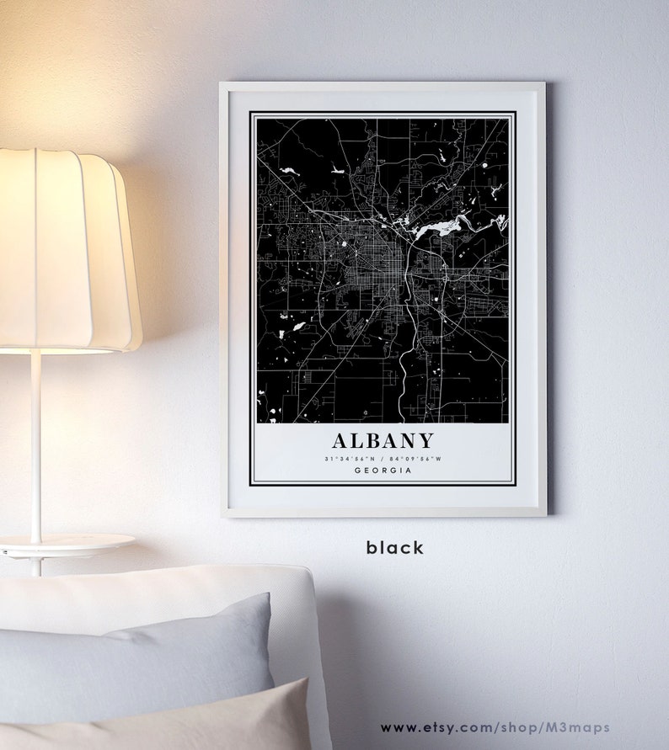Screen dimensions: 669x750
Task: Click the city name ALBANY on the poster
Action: pos(383,440)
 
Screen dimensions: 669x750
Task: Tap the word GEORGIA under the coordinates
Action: pos(383,470)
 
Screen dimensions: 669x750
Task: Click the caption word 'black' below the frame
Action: pos(394,548)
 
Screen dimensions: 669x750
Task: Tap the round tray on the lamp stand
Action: pos(67,543)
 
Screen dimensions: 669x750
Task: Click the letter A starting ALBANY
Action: pos(340,440)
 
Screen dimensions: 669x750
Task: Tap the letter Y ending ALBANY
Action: pos(425,440)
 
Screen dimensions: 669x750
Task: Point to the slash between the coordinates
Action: pos(383,459)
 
